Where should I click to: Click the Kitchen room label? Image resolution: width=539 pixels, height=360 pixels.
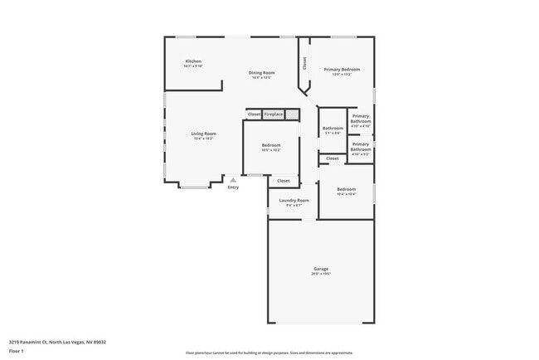(x=192, y=61)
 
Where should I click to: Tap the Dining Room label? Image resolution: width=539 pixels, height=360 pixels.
(x=261, y=73)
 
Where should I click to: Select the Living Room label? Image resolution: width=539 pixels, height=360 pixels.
(x=203, y=134)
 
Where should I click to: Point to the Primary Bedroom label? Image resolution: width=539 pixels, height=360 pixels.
(x=342, y=70)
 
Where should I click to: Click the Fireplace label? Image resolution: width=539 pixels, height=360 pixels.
(x=274, y=114)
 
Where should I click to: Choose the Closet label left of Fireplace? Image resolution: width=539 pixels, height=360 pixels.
(x=254, y=114)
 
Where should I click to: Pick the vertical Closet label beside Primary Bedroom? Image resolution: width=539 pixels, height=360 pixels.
(x=304, y=62)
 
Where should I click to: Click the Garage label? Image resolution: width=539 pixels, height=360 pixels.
(x=320, y=269)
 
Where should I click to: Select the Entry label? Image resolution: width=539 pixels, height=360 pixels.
(x=233, y=187)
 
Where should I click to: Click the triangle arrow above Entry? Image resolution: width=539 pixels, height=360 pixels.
(x=233, y=179)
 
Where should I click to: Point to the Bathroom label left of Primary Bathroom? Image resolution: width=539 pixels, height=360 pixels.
(x=333, y=128)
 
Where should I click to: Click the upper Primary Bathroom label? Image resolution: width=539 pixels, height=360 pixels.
(x=360, y=119)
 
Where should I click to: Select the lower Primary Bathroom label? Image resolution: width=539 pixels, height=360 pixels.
(x=360, y=147)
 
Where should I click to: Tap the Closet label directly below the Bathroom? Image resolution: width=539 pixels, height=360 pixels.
(x=332, y=158)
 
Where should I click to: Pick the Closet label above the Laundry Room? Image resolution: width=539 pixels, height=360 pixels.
(x=283, y=180)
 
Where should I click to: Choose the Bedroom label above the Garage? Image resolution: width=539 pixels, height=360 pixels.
(x=346, y=190)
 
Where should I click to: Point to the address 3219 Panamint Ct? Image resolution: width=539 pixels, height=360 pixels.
(x=57, y=341)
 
